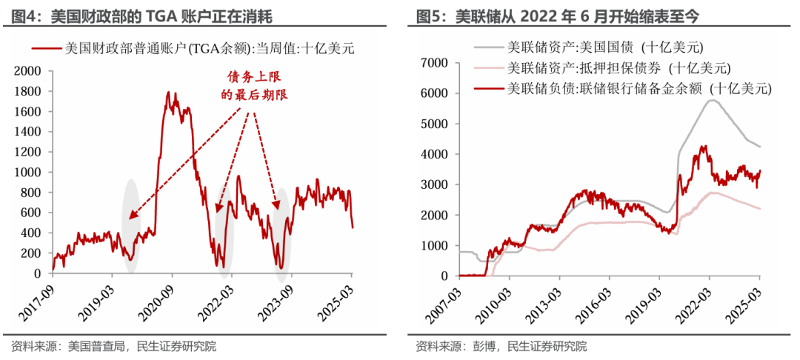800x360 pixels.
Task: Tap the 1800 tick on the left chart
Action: point(30,91)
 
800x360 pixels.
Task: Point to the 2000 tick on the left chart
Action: point(30,71)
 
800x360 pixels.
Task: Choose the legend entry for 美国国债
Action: point(604,49)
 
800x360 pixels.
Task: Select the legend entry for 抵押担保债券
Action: point(619,69)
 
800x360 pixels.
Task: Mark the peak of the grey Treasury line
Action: point(712,100)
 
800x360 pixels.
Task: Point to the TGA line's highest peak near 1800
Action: point(168,93)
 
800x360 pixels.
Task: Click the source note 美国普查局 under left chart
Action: point(96,346)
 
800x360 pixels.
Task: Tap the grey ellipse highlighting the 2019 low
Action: point(130,221)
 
